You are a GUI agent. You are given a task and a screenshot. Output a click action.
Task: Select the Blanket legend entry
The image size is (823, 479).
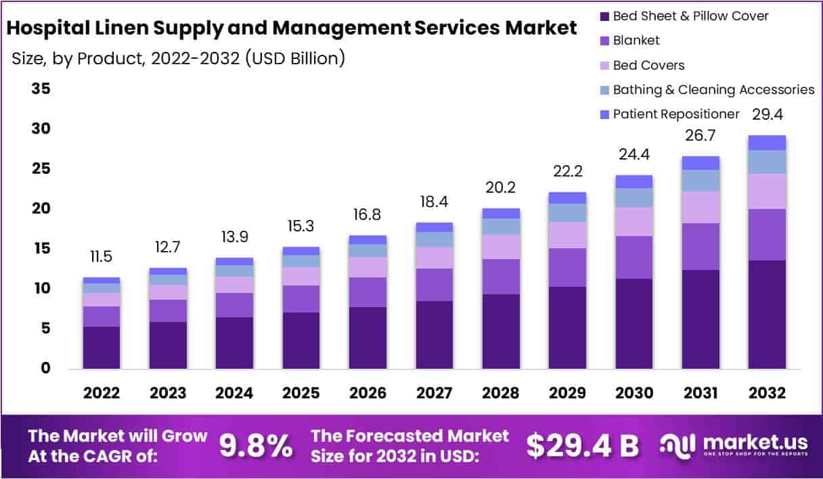click(x=636, y=41)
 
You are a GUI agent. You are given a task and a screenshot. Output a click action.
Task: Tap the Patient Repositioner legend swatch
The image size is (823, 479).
click(x=605, y=114)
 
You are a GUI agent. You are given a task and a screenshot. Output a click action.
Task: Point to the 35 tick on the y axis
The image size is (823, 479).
click(x=41, y=89)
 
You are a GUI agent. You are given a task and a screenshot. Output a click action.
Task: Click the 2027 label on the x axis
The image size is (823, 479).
click(x=435, y=393)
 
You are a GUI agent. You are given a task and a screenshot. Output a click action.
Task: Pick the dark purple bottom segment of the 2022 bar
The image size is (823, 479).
click(x=102, y=348)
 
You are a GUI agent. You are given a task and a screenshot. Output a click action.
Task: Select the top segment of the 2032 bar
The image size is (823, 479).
click(x=767, y=143)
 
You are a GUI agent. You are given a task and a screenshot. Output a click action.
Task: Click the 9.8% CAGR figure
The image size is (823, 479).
click(x=257, y=445)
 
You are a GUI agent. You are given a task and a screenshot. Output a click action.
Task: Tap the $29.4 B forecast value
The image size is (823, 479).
click(x=582, y=445)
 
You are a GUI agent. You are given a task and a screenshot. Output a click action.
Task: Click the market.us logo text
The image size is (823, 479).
click(x=754, y=443)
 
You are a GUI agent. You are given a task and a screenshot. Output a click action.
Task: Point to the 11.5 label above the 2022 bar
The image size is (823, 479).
click(x=102, y=258)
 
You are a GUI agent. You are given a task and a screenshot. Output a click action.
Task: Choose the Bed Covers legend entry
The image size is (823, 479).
click(x=648, y=65)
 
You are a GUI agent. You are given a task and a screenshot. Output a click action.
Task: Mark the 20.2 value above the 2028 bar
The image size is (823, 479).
click(x=501, y=187)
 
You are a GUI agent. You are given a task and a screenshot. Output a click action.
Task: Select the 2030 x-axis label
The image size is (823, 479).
click(x=633, y=393)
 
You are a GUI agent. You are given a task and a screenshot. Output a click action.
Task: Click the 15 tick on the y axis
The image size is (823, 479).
click(x=41, y=248)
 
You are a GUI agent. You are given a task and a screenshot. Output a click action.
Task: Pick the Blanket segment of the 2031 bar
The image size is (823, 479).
click(x=700, y=246)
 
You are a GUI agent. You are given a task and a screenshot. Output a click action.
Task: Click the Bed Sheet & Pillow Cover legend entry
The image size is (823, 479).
click(x=690, y=16)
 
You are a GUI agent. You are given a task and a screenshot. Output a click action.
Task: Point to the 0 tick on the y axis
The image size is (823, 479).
click(x=45, y=368)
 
